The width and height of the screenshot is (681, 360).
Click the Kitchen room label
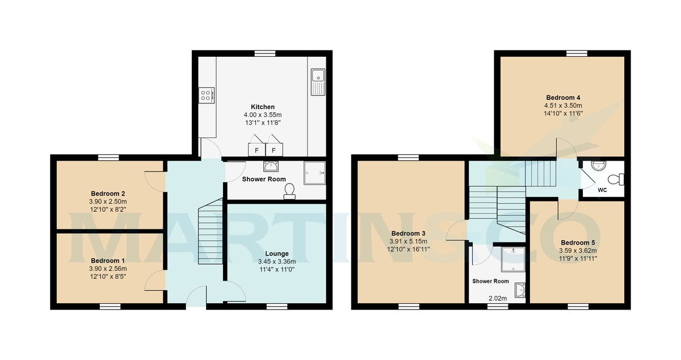[x=263, y=107]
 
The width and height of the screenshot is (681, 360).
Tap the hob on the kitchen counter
[x=207, y=95]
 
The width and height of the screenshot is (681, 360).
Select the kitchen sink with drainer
[x=318, y=82]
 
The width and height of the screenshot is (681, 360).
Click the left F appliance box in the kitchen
[x=257, y=150]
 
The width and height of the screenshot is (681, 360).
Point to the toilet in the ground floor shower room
[x=289, y=191]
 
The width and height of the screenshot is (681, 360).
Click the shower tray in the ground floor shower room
[x=314, y=173]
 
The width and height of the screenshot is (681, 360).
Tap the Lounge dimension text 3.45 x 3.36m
[x=277, y=261]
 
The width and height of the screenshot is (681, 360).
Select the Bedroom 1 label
[x=108, y=261]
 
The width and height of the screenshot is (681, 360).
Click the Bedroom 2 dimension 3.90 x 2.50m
[x=108, y=202]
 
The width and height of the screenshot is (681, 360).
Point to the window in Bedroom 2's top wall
[x=108, y=157]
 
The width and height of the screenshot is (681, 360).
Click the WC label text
[x=602, y=190]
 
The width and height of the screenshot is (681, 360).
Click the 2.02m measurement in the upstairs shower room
[x=498, y=299]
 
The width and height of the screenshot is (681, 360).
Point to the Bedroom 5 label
[x=578, y=242]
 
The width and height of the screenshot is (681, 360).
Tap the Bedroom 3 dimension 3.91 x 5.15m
[x=408, y=241]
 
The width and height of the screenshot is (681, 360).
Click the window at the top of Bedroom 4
[x=577, y=53]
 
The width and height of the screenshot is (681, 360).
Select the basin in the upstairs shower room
[x=520, y=290]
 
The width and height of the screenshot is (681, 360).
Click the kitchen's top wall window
[x=265, y=53]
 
